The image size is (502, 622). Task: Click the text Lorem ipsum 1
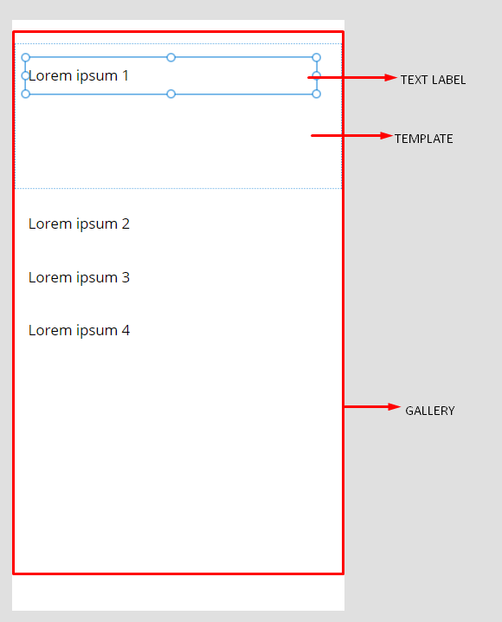(79, 75)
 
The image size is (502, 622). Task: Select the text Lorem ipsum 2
(79, 224)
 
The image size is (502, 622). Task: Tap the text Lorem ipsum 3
(79, 278)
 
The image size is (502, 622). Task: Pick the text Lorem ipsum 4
(79, 330)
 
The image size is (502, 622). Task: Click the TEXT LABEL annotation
(433, 80)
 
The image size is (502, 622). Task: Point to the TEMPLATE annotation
(423, 139)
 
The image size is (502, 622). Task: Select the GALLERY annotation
(430, 411)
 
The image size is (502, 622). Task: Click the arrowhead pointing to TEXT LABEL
(390, 78)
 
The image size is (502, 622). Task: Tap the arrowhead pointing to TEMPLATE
(386, 136)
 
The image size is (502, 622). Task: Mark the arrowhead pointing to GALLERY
(395, 406)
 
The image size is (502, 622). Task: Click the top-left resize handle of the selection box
(26, 57)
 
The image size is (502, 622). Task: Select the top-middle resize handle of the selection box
(171, 57)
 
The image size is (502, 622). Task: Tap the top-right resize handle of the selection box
(316, 57)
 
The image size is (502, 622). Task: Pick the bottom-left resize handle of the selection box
(26, 94)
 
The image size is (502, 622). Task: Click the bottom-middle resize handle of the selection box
(171, 94)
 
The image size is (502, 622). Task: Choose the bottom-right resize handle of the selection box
(316, 94)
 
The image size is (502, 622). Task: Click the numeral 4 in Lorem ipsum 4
(125, 330)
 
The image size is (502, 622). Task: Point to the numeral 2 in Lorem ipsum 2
(125, 224)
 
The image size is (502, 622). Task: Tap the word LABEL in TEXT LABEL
(449, 80)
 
